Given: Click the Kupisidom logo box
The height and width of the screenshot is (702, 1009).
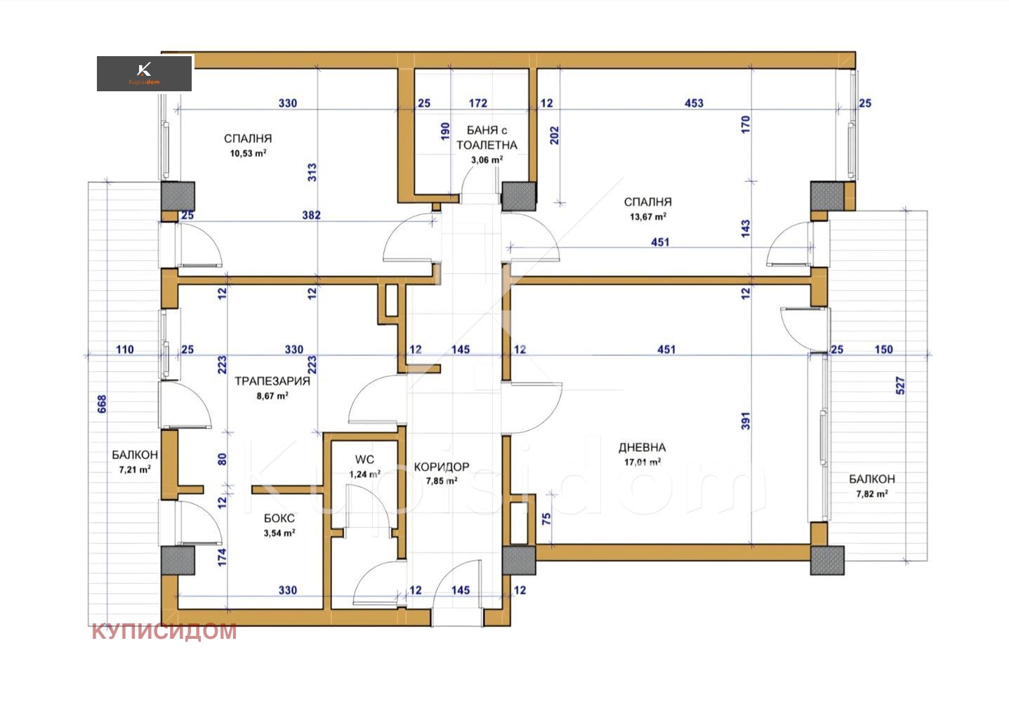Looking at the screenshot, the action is pos(145,74).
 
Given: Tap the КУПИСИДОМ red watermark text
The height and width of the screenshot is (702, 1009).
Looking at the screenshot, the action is pos(164,631).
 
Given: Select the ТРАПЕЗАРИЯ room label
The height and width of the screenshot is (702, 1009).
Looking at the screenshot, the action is pos(272,381).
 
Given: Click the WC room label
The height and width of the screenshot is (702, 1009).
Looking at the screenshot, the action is pos(364,459).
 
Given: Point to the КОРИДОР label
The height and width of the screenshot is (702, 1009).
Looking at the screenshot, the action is pos(442,467).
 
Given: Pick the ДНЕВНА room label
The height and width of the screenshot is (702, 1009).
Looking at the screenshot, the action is pos(642,448).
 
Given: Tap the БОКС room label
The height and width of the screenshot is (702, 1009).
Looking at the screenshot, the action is pos(279,518).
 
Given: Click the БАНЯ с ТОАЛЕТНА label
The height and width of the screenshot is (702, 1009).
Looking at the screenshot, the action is pos(487,138).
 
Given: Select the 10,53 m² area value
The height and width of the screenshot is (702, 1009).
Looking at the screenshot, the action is pos(248,154).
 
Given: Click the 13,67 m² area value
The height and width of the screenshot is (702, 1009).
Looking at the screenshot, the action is pos(648,217).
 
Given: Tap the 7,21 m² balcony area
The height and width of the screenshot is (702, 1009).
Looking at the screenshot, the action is pos(135,470).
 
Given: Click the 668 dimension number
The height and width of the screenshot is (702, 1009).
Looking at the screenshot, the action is pos(103,404).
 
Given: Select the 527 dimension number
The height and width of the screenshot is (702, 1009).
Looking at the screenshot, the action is pos(900,386).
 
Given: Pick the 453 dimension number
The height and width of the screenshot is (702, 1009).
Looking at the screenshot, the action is pos(694,103).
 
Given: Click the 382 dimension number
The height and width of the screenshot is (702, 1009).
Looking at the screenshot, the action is pos(311,216).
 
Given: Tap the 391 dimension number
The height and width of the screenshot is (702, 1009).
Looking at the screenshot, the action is pos(746,421).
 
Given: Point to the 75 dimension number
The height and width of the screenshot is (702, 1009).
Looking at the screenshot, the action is pos(546,519).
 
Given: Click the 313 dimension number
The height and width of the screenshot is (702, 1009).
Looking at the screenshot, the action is pos(312,173).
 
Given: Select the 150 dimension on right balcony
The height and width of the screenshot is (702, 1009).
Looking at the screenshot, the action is pos(883,350).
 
